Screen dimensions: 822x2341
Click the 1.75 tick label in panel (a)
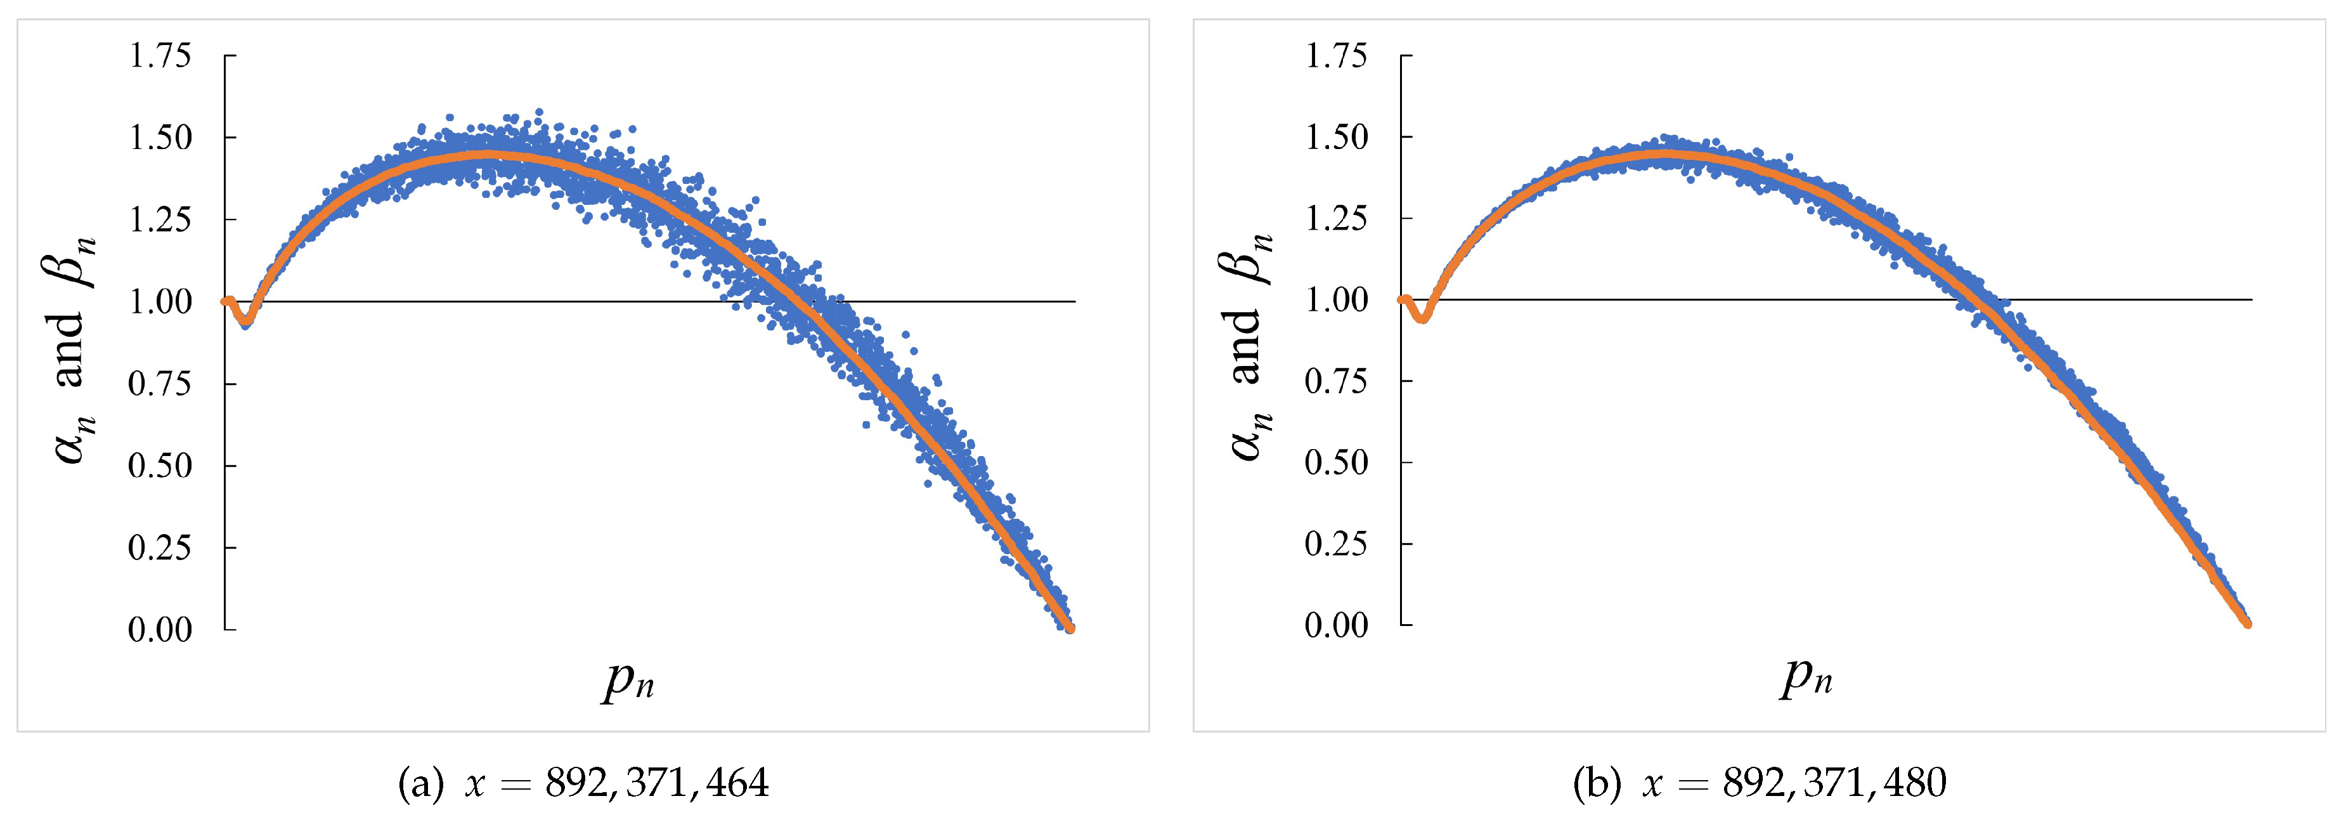160,56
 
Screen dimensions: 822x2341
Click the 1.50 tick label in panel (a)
160,138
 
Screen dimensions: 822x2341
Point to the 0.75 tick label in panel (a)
160,384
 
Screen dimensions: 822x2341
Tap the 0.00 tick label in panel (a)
160,629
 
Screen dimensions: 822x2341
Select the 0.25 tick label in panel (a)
160,547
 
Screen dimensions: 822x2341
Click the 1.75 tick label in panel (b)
1336,56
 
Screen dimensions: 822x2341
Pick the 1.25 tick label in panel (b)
1336,218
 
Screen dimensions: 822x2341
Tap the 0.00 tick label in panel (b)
1336,625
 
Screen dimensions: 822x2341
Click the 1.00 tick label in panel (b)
1336,299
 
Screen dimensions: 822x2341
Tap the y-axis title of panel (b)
1247,346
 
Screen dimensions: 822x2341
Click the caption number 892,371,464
657,783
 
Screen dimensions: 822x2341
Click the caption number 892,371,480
1834,783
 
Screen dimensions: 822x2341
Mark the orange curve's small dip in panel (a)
245,321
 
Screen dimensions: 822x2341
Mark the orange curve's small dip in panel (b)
1423,317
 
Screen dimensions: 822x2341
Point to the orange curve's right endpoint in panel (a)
1070,627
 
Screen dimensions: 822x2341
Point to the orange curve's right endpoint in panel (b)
2247,623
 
